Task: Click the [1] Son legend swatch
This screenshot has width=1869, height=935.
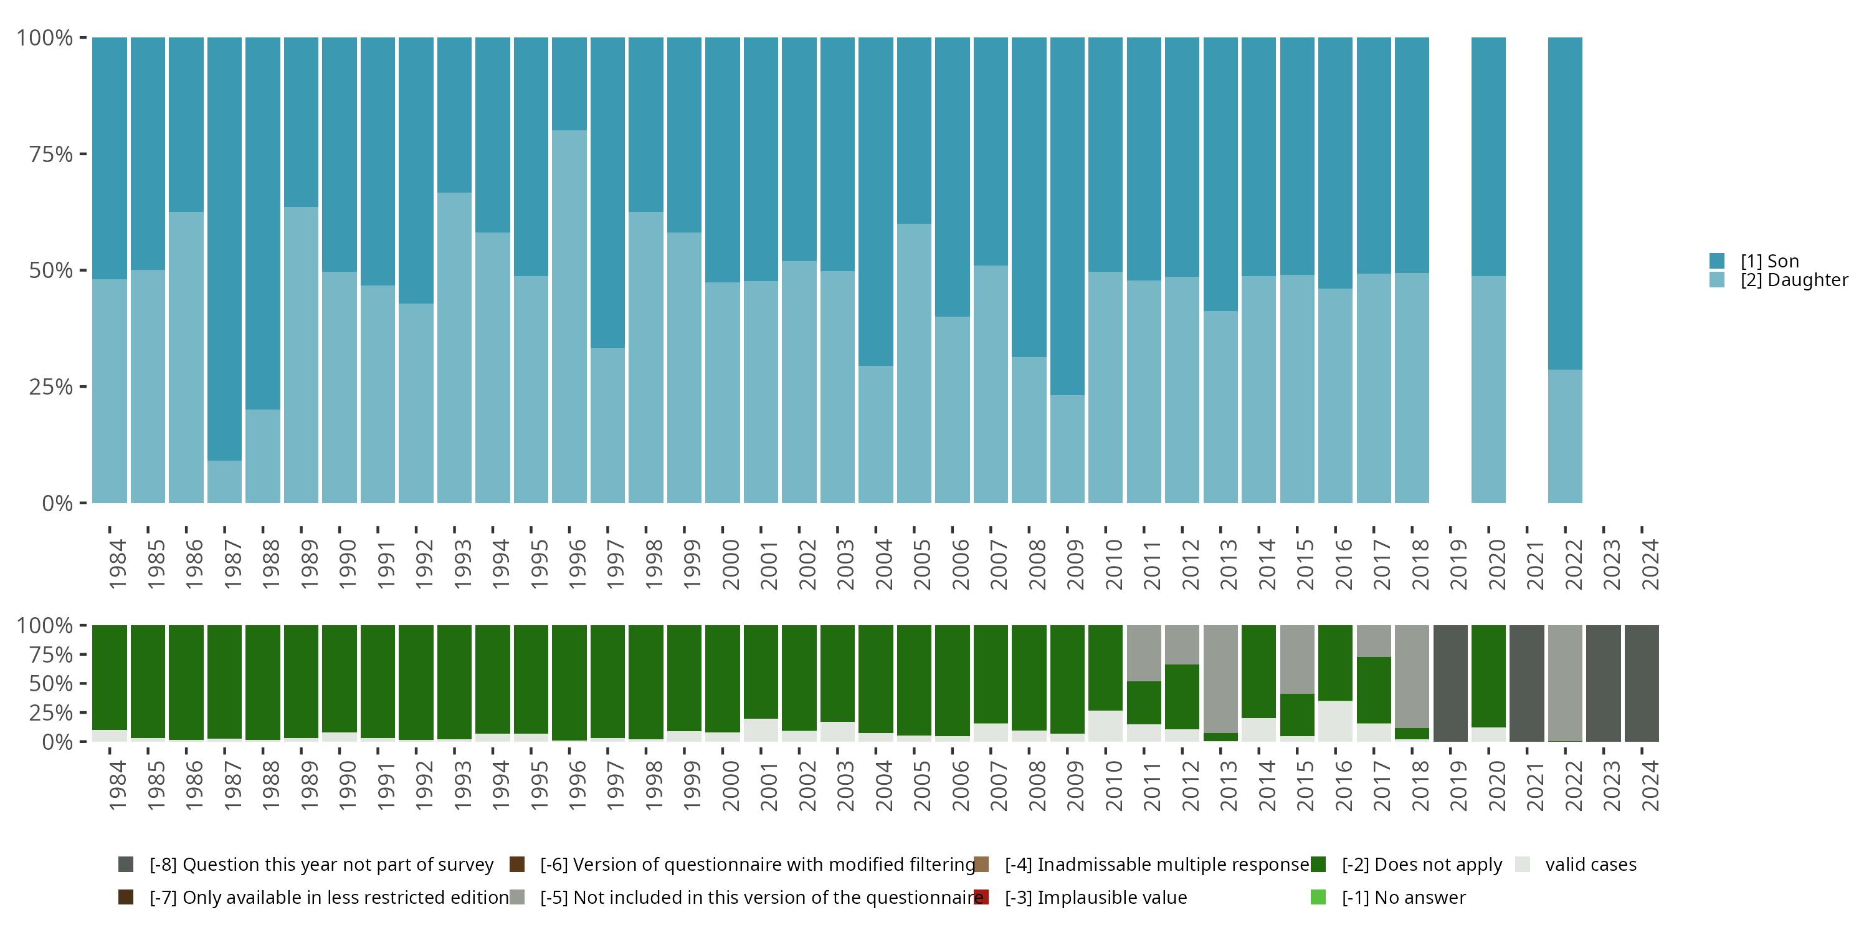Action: click(x=1716, y=261)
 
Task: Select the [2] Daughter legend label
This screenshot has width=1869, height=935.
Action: click(x=1794, y=280)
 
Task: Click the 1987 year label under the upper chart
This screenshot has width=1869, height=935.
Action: click(x=232, y=564)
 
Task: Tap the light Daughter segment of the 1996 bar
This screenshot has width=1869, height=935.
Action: click(x=569, y=316)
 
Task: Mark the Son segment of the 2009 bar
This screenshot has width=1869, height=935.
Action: click(x=1067, y=216)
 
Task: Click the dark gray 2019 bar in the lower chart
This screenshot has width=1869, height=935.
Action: click(x=1450, y=683)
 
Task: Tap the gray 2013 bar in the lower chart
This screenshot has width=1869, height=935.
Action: click(x=1220, y=678)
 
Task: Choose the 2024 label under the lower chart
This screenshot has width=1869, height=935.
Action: click(x=1650, y=785)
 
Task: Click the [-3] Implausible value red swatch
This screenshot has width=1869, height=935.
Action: click(x=981, y=897)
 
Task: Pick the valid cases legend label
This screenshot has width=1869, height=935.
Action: click(x=1591, y=865)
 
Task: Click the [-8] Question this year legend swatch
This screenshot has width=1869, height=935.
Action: click(x=125, y=865)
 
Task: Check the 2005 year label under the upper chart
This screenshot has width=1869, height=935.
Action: click(x=921, y=564)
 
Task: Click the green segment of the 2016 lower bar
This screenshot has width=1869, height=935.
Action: click(x=1335, y=663)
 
